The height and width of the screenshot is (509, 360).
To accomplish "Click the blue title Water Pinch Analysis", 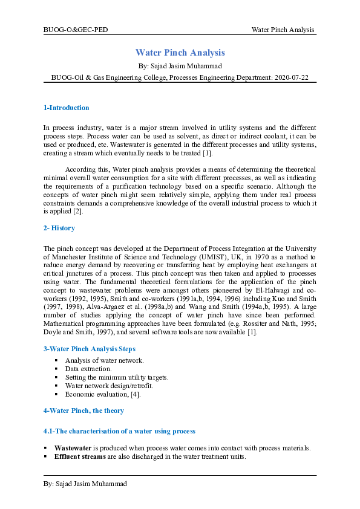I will [x=180, y=53].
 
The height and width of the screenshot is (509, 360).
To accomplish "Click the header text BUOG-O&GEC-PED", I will [x=76, y=30].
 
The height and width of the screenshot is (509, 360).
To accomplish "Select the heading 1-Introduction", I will [x=67, y=108].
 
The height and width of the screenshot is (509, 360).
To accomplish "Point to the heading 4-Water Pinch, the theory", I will [x=83, y=410].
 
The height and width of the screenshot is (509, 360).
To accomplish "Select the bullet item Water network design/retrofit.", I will [x=105, y=385].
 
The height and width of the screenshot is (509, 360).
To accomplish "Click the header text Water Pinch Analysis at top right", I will [x=282, y=30].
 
